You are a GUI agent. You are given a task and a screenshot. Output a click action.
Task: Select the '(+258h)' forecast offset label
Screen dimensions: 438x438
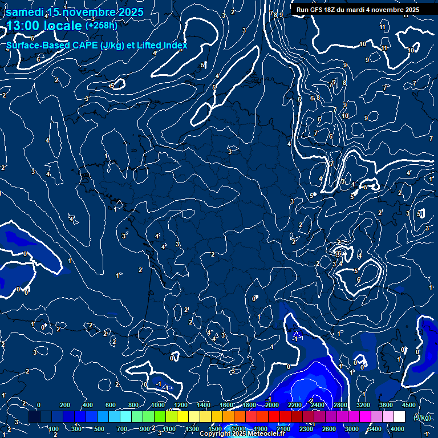101,25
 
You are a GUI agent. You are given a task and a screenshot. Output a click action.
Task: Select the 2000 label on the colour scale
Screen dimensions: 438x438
271,405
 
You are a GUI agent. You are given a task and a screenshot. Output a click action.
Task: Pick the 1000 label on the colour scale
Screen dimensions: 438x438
157,405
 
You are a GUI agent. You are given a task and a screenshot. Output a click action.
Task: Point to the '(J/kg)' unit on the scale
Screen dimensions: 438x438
423,417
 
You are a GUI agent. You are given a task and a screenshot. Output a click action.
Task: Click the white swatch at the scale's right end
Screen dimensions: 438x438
399,417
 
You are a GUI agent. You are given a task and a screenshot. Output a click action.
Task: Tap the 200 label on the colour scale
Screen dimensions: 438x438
64,405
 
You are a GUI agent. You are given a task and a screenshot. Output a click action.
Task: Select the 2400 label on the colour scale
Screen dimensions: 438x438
318,405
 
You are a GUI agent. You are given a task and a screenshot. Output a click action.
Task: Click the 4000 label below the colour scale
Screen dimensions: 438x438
398,429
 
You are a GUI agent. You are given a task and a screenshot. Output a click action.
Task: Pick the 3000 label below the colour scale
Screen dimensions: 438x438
352,429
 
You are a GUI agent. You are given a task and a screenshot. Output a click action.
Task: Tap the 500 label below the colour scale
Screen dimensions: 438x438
99,429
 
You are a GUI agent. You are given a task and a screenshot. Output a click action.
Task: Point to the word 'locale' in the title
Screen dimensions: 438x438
64,26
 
